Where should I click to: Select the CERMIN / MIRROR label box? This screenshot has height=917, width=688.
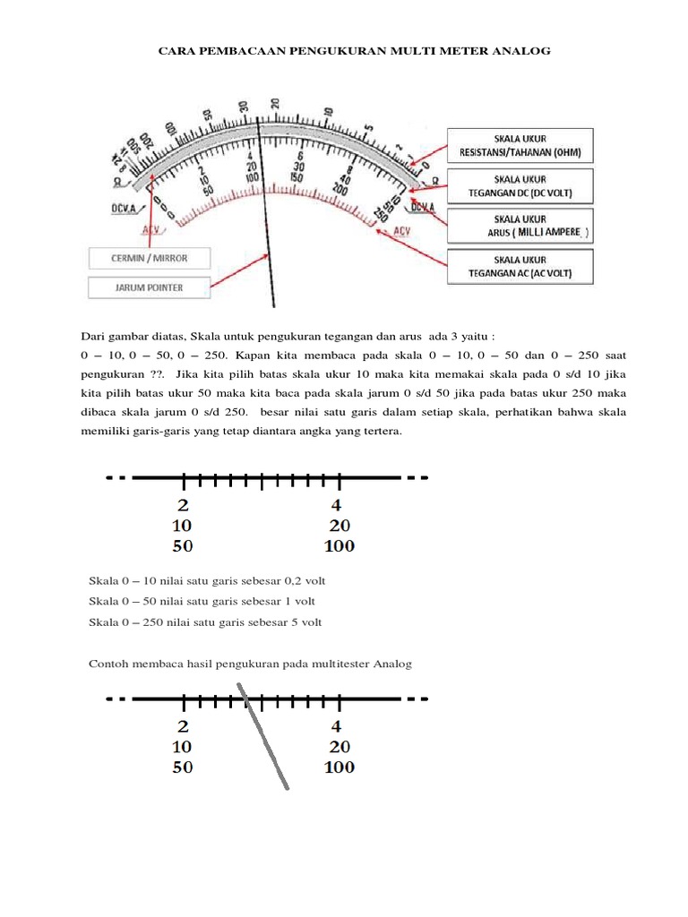(150, 259)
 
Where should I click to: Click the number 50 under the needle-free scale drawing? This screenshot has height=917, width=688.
(183, 545)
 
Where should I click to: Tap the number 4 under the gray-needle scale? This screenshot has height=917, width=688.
(337, 726)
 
